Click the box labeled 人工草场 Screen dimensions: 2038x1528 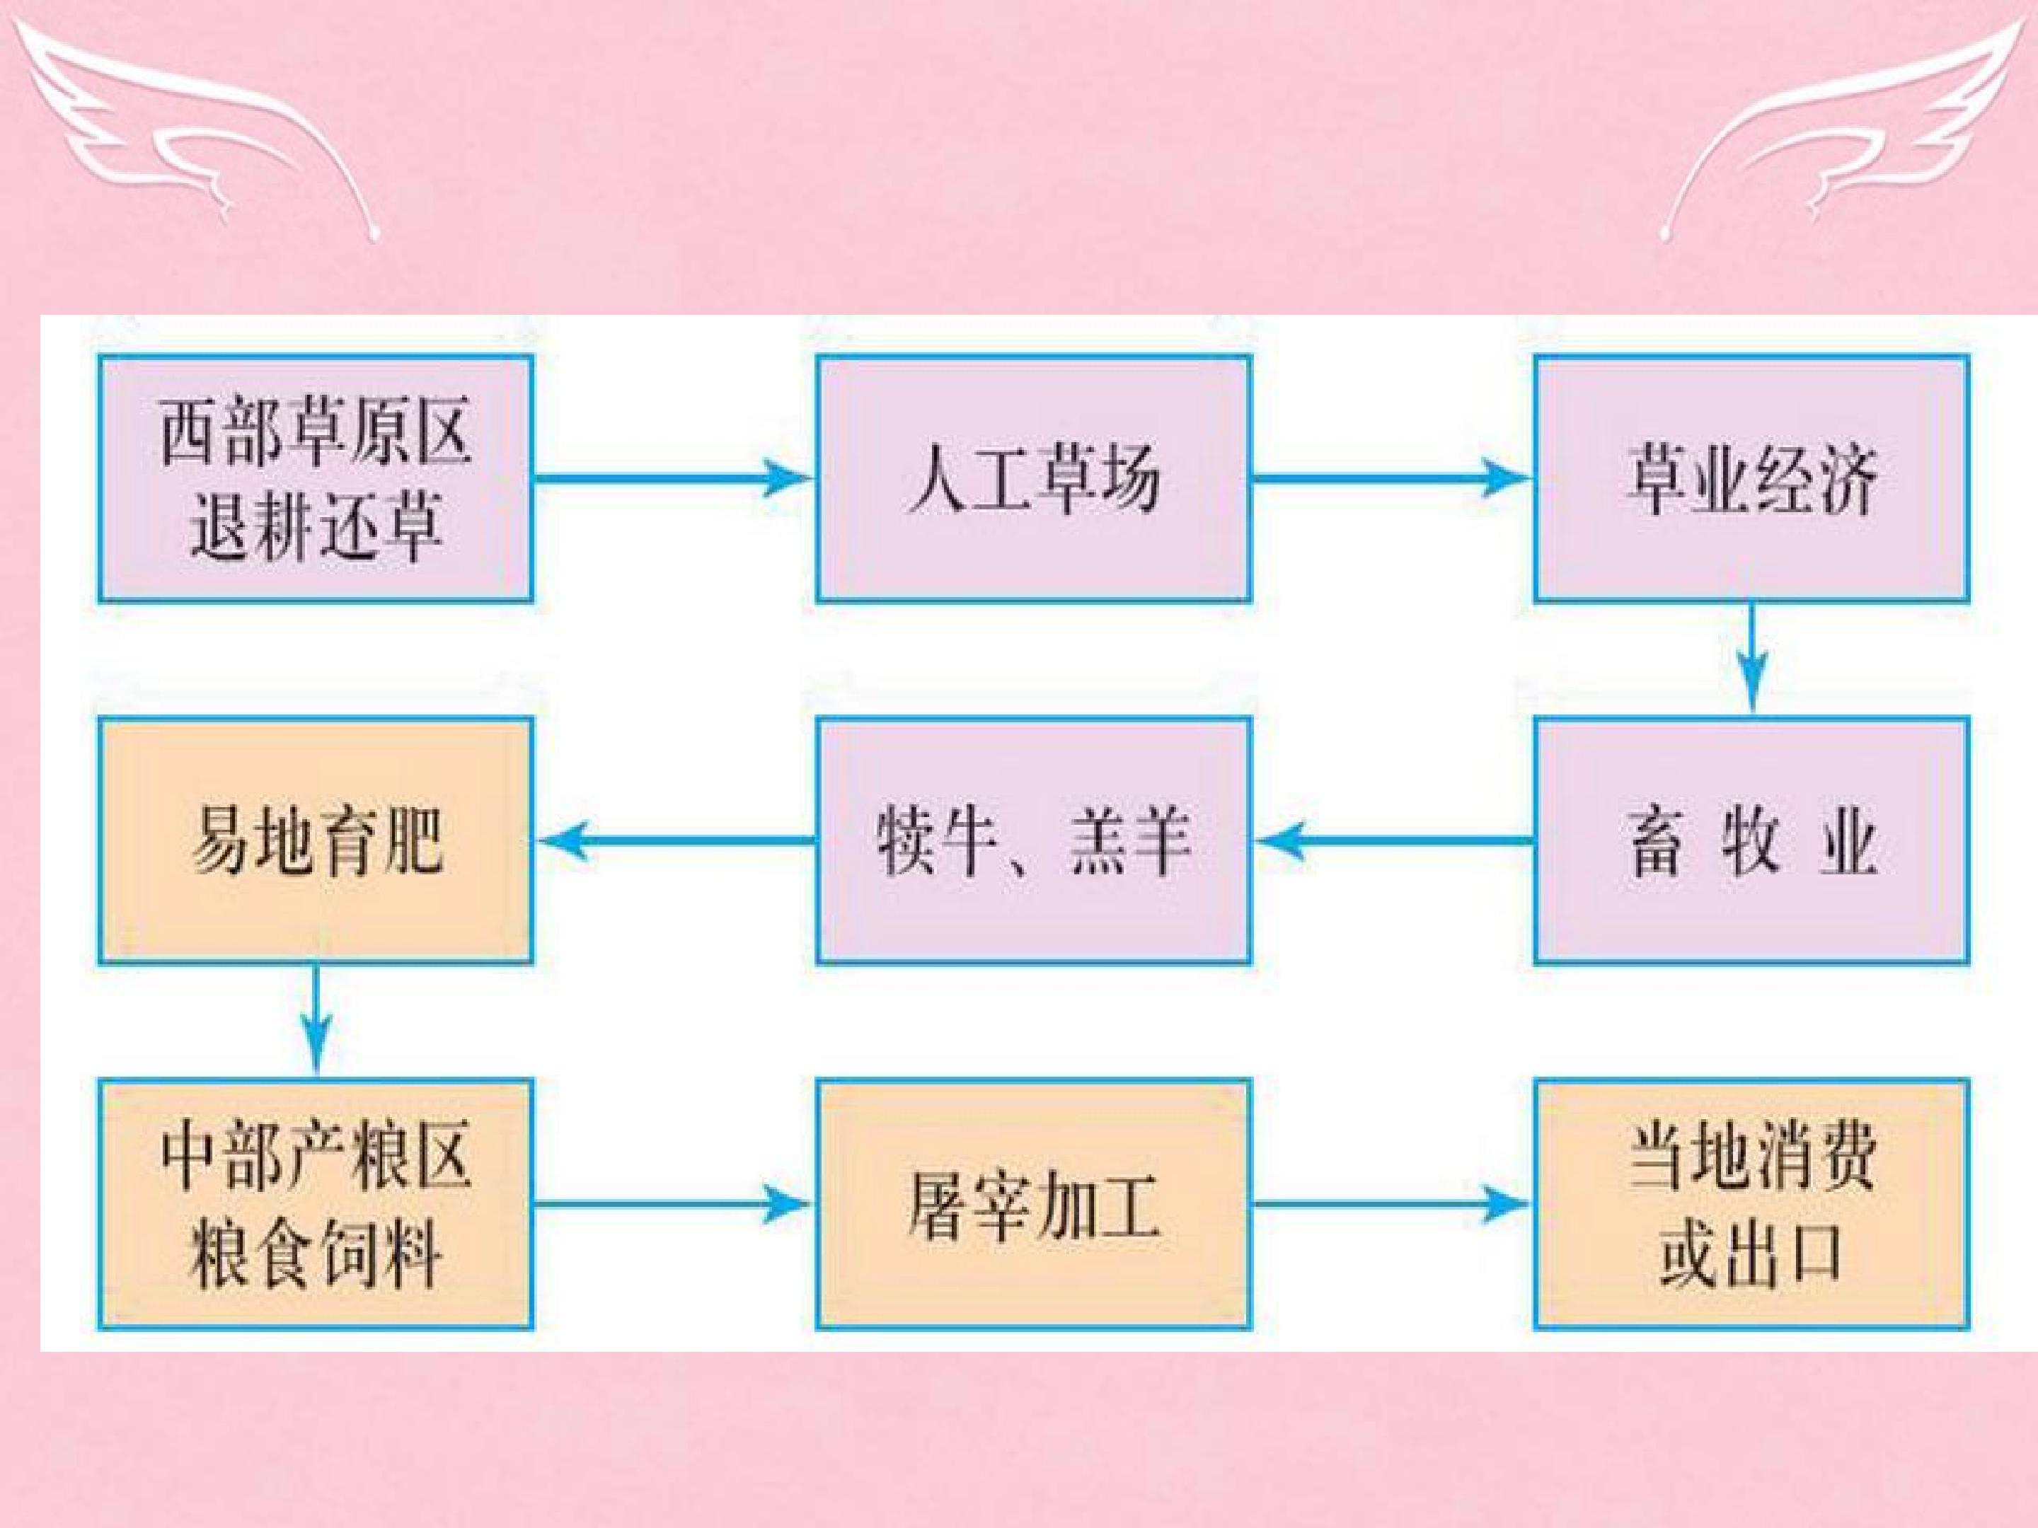[1033, 478]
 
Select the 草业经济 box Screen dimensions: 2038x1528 [1751, 478]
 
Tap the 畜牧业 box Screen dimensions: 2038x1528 [1751, 841]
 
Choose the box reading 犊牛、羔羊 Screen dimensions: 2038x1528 [1033, 841]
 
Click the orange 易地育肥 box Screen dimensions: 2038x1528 [315, 841]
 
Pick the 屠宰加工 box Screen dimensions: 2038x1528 [1033, 1204]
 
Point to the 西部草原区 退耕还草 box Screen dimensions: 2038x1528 [315, 478]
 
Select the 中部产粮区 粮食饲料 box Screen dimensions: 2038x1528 [315, 1204]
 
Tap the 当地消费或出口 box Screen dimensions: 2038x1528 [1751, 1204]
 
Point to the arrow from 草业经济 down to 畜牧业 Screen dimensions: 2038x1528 [1752, 659]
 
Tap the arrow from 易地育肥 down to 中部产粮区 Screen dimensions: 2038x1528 [316, 1021]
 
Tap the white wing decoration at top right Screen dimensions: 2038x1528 [1843, 125]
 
